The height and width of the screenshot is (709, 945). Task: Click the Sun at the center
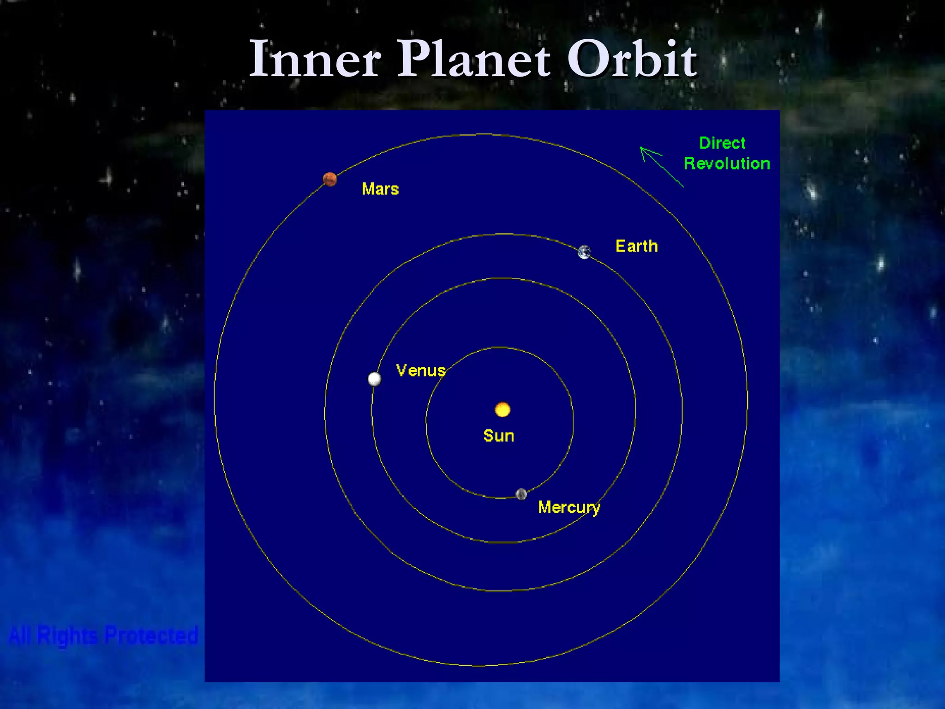502,409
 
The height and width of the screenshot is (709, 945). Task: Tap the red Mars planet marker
330,179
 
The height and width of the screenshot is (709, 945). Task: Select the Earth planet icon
585,252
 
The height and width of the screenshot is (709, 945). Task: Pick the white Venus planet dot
374,379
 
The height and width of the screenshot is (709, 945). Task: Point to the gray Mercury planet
521,494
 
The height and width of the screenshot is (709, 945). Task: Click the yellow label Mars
380,189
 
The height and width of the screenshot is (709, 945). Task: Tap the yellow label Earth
637,246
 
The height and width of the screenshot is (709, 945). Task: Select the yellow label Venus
421,371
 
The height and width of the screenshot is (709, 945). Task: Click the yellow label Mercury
569,507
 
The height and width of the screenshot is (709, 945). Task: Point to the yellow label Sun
499,436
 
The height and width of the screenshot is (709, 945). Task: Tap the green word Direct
722,143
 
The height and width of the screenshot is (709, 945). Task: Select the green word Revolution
727,163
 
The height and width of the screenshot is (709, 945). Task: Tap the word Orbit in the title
632,59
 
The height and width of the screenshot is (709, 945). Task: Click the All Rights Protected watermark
103,635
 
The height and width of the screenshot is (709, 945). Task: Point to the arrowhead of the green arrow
643,149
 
